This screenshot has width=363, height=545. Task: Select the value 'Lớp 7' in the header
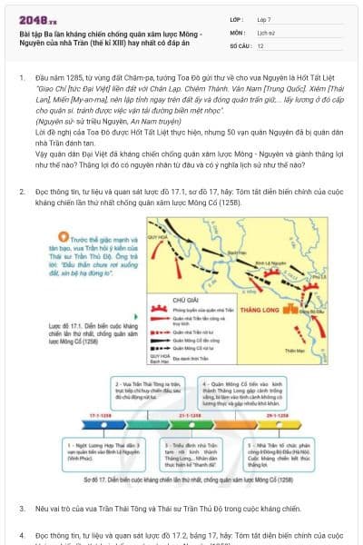[263, 18]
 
